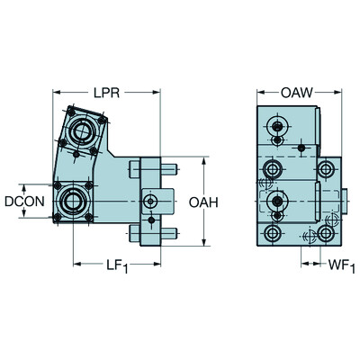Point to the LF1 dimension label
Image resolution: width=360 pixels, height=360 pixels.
(115, 266)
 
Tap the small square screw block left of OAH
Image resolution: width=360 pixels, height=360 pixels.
(149, 200)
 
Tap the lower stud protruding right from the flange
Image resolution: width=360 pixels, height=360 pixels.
(170, 234)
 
